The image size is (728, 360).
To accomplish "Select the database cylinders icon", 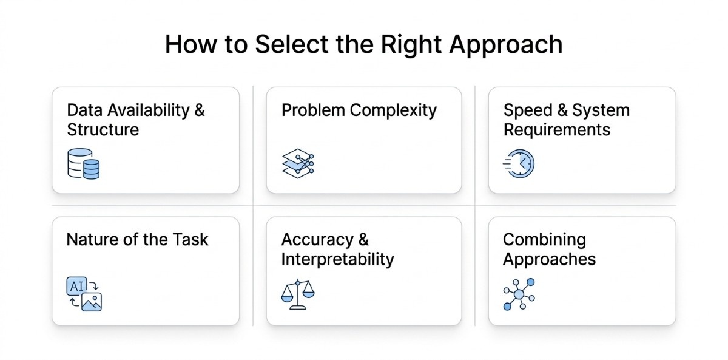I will pyautogui.click(x=83, y=164).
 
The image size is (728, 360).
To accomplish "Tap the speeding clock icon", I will pyautogui.click(x=519, y=164).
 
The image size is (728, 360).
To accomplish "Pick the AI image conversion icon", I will pyautogui.click(x=84, y=294).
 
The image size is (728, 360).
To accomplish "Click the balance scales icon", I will pyautogui.click(x=298, y=294).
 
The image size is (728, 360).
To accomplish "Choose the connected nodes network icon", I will pyautogui.click(x=519, y=294).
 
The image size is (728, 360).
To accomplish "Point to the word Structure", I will pyautogui.click(x=103, y=129).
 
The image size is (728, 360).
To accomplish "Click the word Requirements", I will pyautogui.click(x=556, y=129).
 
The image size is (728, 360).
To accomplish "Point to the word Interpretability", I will pyautogui.click(x=337, y=259).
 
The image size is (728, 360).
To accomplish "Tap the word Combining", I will pyautogui.click(x=544, y=239).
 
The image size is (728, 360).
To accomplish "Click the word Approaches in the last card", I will pyautogui.click(x=549, y=259).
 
